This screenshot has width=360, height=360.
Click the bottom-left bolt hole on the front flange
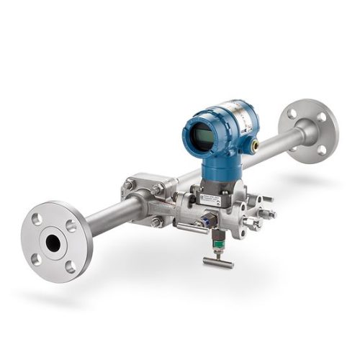[35, 259]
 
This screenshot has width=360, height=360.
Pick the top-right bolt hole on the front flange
[71, 226]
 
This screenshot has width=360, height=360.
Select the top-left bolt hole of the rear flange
[291, 113]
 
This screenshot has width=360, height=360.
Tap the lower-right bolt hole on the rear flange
[321, 149]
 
